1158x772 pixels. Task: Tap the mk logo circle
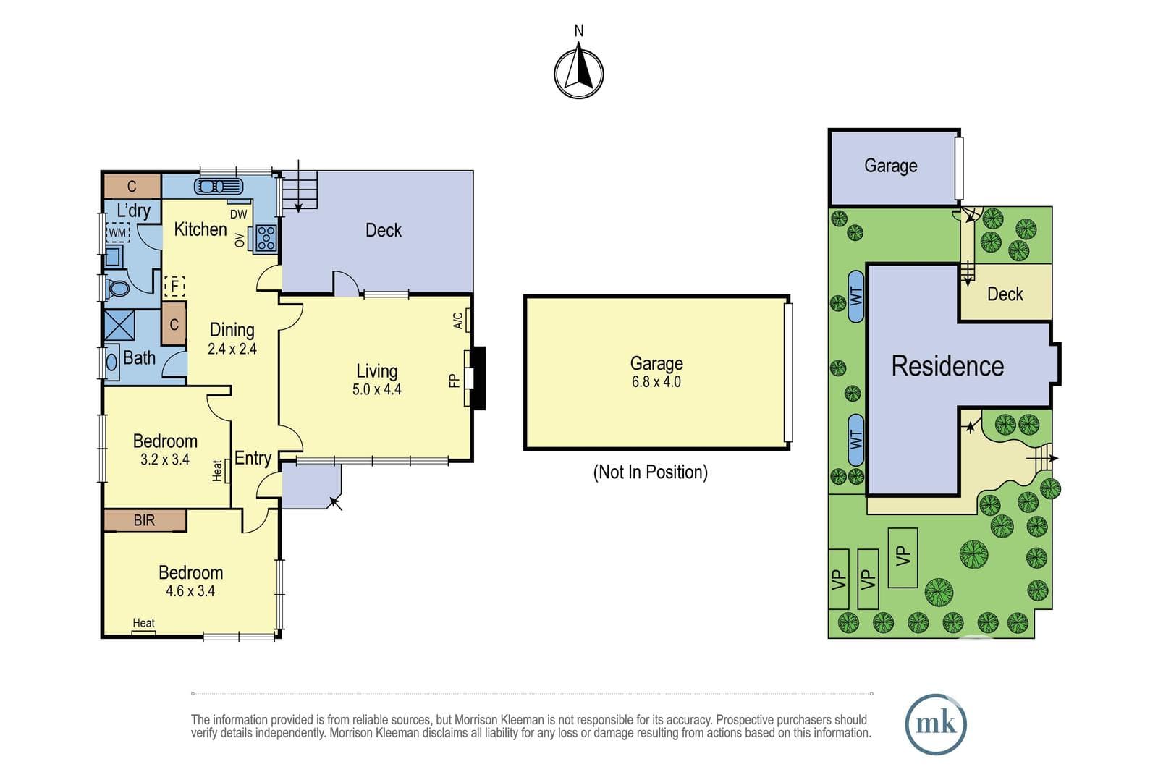pos(936,724)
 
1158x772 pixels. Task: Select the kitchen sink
pos(219,186)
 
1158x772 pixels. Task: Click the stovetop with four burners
pos(266,238)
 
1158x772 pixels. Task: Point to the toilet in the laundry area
pos(117,289)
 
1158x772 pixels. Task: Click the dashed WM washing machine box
pos(117,232)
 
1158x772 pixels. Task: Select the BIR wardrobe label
pos(144,519)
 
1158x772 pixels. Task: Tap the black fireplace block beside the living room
pos(479,378)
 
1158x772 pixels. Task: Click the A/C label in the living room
pos(458,321)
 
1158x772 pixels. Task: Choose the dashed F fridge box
pos(174,286)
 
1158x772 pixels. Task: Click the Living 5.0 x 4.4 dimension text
pos(377,389)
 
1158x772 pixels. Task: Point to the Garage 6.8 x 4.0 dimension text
pos(656,382)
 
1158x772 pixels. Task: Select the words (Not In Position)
pos(651,472)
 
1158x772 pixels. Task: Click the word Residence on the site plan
pos(947,366)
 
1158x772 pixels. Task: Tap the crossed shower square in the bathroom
pos(120,326)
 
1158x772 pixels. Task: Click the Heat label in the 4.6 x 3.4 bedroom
pos(144,623)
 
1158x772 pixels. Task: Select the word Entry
pos(253,458)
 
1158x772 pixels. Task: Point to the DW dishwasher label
pos(238,214)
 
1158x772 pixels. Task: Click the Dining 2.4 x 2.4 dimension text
pos(232,349)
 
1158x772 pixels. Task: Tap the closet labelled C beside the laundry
pos(132,186)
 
